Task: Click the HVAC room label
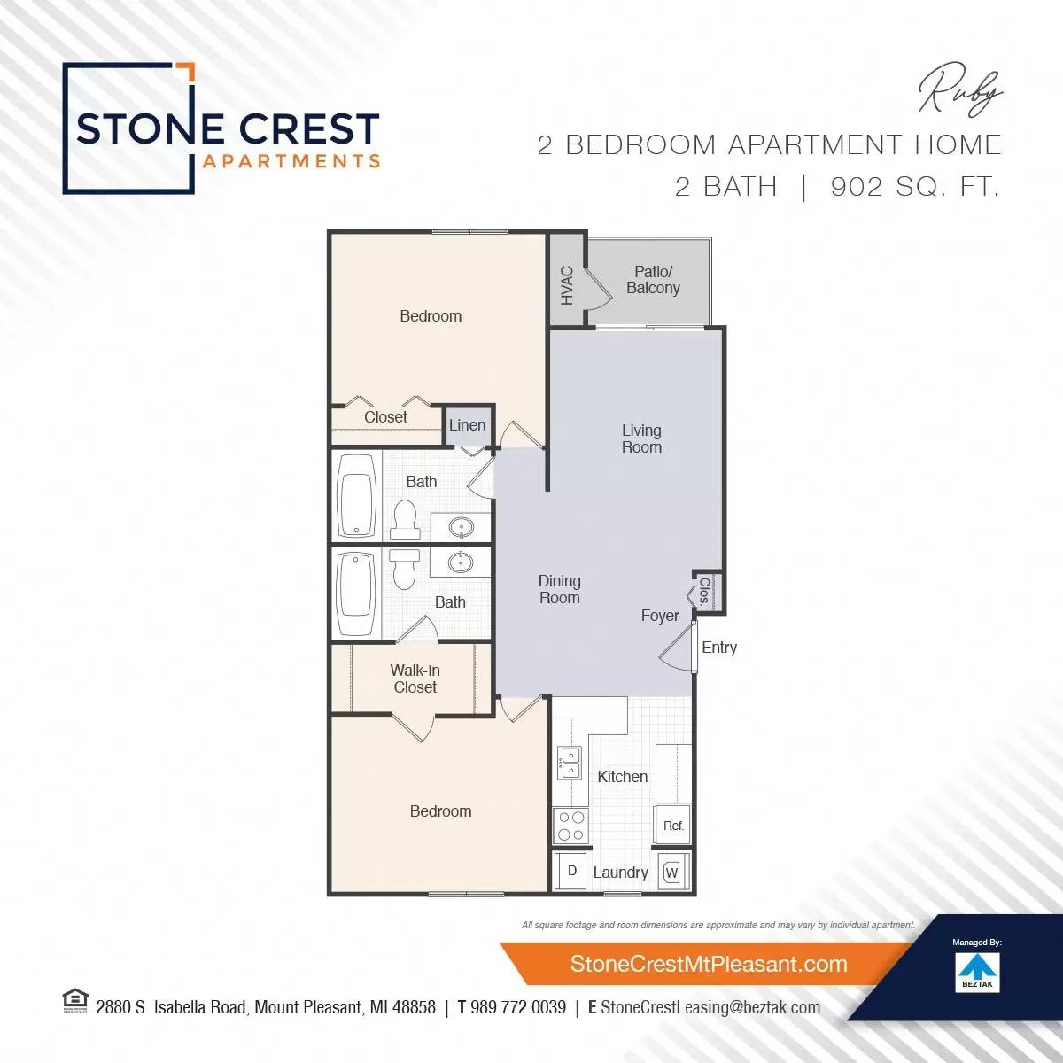click(x=567, y=284)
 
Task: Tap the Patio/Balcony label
click(x=653, y=280)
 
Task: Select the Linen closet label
click(x=467, y=425)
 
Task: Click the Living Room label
click(x=641, y=438)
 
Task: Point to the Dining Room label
click(x=559, y=589)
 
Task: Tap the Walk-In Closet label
click(x=415, y=679)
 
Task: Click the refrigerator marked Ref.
click(x=672, y=826)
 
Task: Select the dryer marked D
click(x=571, y=871)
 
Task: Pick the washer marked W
click(x=671, y=873)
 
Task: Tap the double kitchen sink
click(x=570, y=763)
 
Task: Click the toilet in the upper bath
click(x=405, y=519)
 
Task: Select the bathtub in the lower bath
click(x=356, y=593)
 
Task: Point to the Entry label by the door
click(x=718, y=648)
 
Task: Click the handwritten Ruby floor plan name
click(x=960, y=91)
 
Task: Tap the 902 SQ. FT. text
click(x=915, y=187)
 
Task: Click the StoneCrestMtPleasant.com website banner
click(x=708, y=964)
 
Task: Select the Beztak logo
click(x=977, y=971)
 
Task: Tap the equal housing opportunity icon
click(x=75, y=1001)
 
